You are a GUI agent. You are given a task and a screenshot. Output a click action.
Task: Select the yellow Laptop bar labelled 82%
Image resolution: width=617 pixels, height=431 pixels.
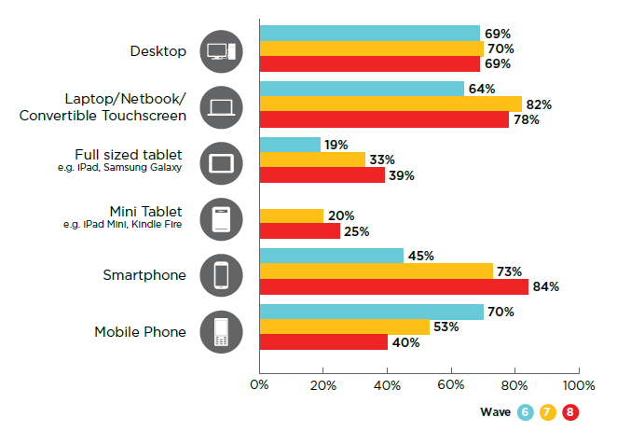(x=391, y=104)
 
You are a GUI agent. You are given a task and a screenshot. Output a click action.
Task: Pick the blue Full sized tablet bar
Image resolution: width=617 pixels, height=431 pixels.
(x=290, y=145)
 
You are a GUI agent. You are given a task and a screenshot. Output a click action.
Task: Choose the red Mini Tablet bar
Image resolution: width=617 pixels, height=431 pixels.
(x=299, y=231)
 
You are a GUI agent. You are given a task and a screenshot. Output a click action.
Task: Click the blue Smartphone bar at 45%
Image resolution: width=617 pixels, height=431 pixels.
(x=331, y=256)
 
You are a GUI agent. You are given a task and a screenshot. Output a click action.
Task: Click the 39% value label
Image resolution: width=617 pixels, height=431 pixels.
(x=402, y=175)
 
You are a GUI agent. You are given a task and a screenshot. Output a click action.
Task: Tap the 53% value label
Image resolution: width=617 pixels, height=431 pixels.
(x=446, y=327)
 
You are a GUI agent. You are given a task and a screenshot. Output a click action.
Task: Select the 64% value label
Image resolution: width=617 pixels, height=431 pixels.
(x=482, y=89)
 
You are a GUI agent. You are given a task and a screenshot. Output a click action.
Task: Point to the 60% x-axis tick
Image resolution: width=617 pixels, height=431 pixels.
(x=451, y=384)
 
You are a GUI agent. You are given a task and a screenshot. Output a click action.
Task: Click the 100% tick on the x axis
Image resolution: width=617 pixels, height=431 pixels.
(x=578, y=384)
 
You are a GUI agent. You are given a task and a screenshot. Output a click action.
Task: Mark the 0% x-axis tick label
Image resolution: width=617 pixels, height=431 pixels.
(x=259, y=384)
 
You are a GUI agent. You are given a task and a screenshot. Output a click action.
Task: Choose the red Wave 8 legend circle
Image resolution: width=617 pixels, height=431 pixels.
(x=569, y=411)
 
